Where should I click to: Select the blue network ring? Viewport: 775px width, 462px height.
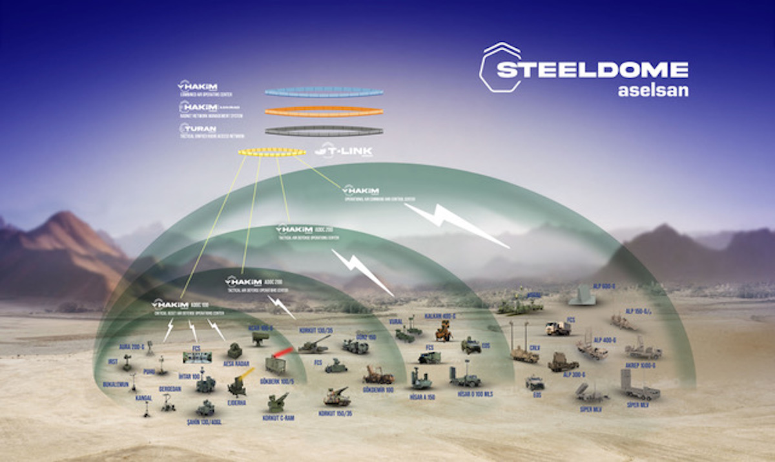tap(324, 92)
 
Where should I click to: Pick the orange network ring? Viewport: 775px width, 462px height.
tap(324, 111)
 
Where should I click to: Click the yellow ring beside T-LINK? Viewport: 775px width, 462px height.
tap(272, 152)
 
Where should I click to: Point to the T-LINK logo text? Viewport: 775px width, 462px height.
tap(343, 152)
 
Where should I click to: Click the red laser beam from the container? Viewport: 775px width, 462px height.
tap(284, 352)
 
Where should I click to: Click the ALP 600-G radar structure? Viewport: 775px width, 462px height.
tap(582, 296)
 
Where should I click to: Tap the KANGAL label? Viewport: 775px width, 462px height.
tap(143, 397)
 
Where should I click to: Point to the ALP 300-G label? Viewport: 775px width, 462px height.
tap(574, 374)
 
